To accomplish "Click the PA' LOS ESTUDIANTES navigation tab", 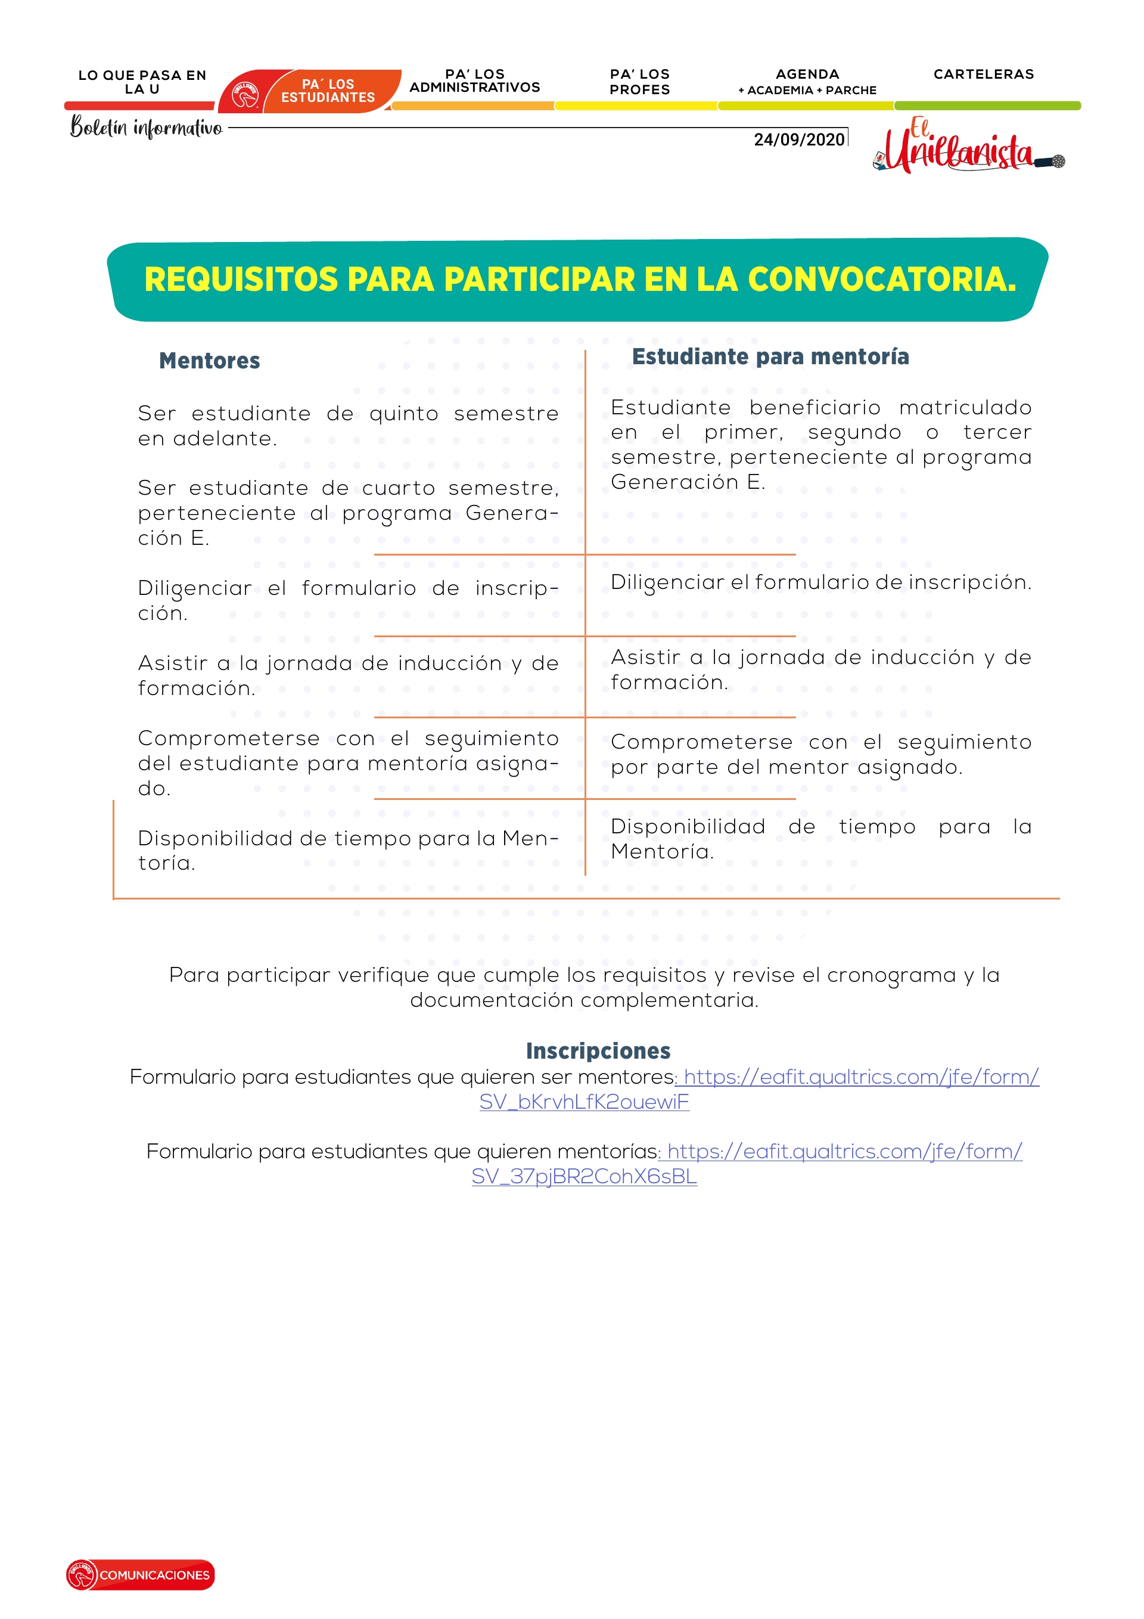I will pos(328,91).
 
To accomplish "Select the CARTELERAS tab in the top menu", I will pos(983,75).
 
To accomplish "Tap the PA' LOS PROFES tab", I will pos(639,82).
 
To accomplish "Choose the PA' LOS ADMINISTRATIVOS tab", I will pos(474,81).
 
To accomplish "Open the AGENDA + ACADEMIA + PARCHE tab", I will pos(807,82).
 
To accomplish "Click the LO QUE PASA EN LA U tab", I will pos(142,82).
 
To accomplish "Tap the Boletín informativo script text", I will pos(146,128).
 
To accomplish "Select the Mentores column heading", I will pos(209,361).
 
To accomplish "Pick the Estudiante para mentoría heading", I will pos(770,357).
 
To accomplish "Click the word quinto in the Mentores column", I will pos(403,414).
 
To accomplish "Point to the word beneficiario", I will pos(815,408).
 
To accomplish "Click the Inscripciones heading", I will pos(598,1052).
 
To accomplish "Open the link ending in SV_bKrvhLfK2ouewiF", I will pos(584,1102).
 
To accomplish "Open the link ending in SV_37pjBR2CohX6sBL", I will pos(584,1177).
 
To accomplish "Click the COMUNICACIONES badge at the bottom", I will pos(141,1574).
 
